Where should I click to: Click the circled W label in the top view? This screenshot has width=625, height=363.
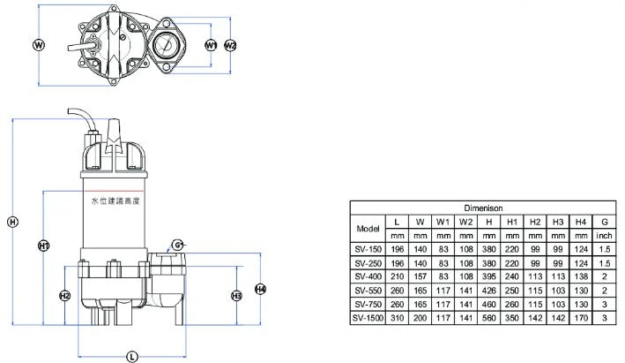coord(38,45)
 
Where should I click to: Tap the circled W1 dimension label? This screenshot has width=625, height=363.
coord(211,45)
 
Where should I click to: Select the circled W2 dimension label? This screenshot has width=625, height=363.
coord(230,45)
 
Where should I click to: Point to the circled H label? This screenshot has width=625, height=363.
coord(12,222)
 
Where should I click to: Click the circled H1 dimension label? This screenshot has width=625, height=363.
coord(43,246)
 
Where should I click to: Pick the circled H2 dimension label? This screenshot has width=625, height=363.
coord(64,296)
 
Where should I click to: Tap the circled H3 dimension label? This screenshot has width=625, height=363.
coord(237,296)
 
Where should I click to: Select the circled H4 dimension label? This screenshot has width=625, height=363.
coord(260,289)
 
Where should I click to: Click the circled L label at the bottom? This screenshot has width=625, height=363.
coord(132,357)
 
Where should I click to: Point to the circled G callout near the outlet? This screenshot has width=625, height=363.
coord(177,245)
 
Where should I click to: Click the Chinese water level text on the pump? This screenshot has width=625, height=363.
coord(115,201)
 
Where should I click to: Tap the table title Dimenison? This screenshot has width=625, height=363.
coord(483,208)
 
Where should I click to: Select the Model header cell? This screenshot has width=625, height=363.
coord(368,229)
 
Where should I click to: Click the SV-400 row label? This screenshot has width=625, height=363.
coord(368,276)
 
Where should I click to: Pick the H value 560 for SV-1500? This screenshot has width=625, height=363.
coord(489,318)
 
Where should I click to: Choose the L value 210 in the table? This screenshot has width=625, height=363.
coord(397,276)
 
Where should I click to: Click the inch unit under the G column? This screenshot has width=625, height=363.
coord(604,236)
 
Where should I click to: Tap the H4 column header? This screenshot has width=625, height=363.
coord(581,222)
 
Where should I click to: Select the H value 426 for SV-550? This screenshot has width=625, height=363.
coord(489,291)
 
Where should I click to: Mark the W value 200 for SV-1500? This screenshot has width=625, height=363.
coord(420,318)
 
